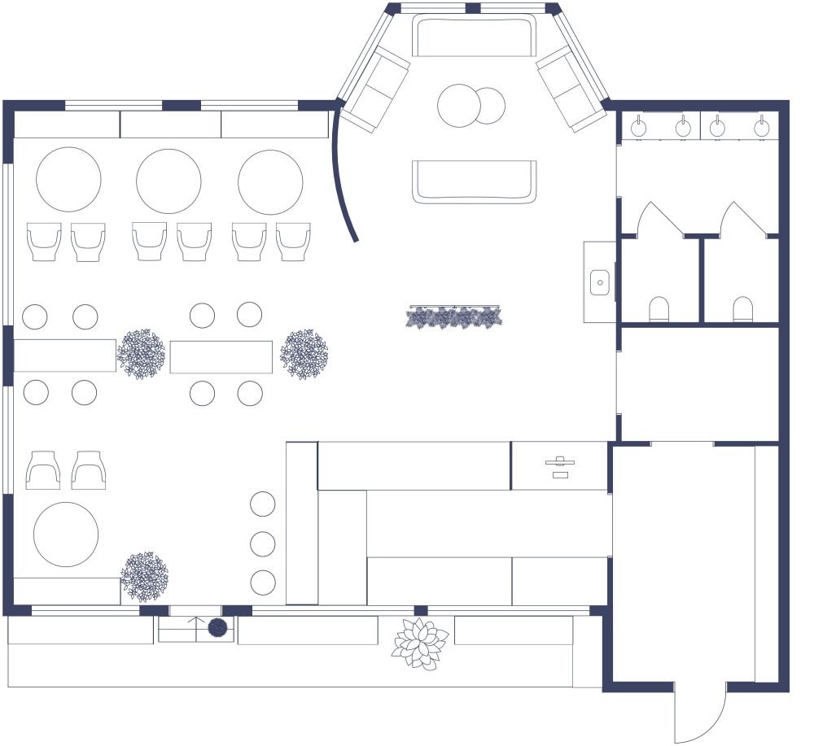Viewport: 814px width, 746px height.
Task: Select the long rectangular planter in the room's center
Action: (x=454, y=316)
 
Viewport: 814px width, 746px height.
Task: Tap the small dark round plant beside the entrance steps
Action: (x=217, y=627)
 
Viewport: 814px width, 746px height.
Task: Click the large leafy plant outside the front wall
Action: (x=420, y=643)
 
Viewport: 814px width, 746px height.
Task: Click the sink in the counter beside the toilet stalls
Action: (x=599, y=282)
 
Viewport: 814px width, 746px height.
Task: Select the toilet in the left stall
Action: (x=659, y=309)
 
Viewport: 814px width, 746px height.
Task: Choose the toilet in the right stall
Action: (x=742, y=309)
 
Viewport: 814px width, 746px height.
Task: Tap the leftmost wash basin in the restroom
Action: (x=640, y=127)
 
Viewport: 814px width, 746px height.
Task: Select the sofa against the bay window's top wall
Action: (x=475, y=36)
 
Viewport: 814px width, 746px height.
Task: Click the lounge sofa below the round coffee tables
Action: (x=475, y=181)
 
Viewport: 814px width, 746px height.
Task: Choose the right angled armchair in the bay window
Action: (x=571, y=88)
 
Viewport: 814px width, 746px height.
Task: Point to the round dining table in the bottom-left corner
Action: (x=66, y=534)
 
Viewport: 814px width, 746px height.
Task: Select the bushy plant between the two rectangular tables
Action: (x=142, y=354)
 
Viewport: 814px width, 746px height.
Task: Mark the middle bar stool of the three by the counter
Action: (x=263, y=543)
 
